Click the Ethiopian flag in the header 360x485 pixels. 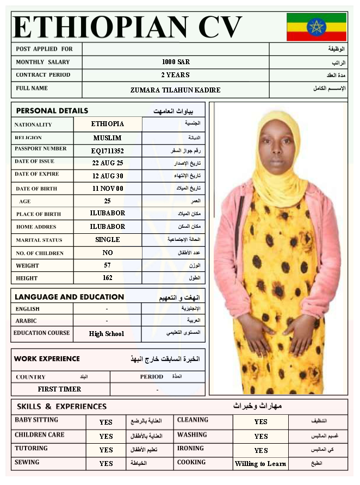(x=316, y=27)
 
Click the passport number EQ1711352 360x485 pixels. (x=108, y=151)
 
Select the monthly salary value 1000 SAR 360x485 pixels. (x=176, y=62)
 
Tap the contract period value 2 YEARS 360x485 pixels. (x=175, y=75)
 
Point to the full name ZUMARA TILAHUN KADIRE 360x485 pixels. (x=176, y=90)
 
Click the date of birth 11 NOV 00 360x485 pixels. (x=108, y=189)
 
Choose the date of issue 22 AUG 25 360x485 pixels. (x=108, y=163)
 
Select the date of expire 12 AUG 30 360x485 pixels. (x=108, y=176)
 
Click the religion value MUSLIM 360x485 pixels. (x=108, y=138)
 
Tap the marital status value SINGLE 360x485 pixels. (x=108, y=240)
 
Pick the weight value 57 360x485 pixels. (x=108, y=265)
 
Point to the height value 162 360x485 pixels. (x=108, y=278)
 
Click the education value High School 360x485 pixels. (x=107, y=334)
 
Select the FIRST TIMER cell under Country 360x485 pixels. (x=59, y=389)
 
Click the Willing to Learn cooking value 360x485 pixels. (x=260, y=464)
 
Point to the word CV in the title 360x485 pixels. (x=220, y=27)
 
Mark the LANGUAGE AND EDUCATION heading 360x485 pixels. (x=69, y=297)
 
